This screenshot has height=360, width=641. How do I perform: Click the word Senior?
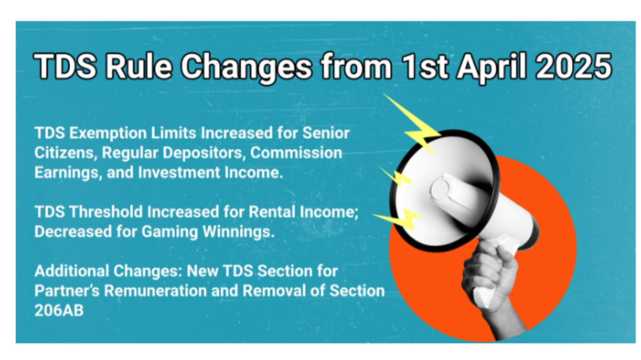[326, 133]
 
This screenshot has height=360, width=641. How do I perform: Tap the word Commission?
[296, 153]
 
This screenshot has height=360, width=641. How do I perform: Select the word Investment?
[179, 173]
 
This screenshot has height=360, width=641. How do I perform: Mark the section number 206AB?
[59, 311]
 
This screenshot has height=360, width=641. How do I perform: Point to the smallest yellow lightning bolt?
[395, 176]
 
